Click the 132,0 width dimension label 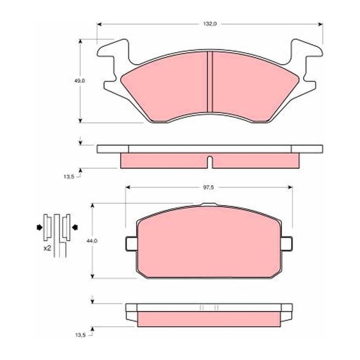pos(210,24)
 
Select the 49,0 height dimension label pos(79,81)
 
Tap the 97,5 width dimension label pos(208,188)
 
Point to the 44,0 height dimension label pos(92,241)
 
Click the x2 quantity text pos(47,248)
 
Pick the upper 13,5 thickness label pos(69,177)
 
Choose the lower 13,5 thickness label pos(81,335)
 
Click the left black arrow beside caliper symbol pos(40,228)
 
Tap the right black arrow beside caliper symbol pos(75,228)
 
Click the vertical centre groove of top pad pos(210,81)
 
